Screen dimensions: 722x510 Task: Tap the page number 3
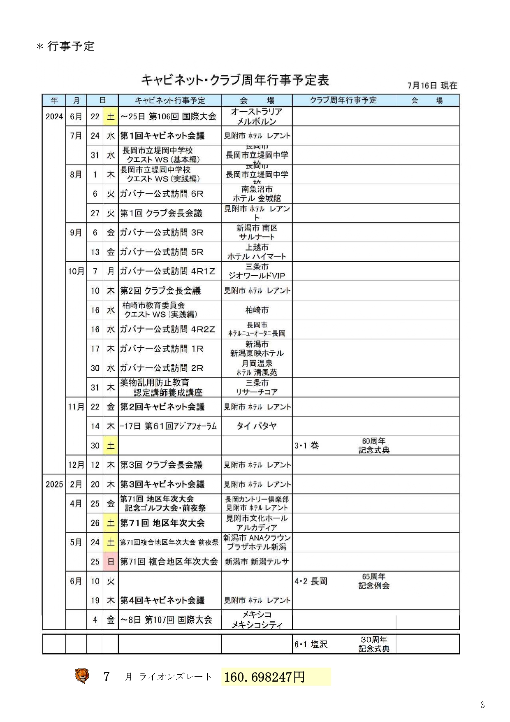[x=482, y=705]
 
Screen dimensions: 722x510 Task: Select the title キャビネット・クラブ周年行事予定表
[x=235, y=80]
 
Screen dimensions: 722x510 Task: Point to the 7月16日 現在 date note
[x=432, y=86]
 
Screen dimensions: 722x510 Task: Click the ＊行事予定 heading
[x=66, y=46]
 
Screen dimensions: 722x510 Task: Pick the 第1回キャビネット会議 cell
[x=162, y=136]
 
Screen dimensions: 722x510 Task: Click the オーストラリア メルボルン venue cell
[x=257, y=116]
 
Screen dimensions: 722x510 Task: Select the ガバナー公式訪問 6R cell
[x=162, y=194]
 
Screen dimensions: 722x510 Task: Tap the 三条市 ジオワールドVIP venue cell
[x=257, y=271]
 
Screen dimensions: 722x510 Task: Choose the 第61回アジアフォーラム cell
[x=169, y=426]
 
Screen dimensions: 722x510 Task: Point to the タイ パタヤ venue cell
[x=257, y=426]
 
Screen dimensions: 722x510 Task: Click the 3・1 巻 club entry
[x=307, y=446]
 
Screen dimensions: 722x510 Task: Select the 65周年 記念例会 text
[x=374, y=581]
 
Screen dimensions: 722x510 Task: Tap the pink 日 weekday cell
[x=111, y=562]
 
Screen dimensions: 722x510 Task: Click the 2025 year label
[x=54, y=484]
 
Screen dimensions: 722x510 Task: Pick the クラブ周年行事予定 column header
[x=343, y=100]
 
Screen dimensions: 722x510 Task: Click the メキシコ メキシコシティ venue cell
[x=257, y=620]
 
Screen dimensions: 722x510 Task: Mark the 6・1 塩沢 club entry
[x=311, y=644]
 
